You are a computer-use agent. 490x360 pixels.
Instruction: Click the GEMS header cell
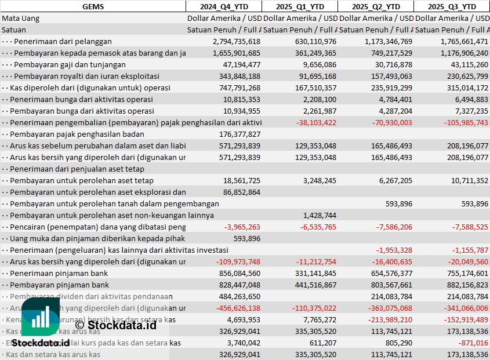pos(93,6)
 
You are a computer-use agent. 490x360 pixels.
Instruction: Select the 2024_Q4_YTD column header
pos(223,6)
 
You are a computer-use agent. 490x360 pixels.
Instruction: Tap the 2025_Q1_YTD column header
pos(299,6)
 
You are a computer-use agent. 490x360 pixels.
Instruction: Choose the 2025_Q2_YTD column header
pos(375,6)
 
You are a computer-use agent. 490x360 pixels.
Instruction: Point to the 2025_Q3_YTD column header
pos(451,6)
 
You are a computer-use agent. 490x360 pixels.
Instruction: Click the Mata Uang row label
pos(20,18)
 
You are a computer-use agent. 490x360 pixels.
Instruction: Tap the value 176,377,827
pos(239,134)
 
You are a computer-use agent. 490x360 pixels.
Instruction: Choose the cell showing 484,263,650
pos(239,296)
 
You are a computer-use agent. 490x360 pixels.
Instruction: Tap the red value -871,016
pos(473,343)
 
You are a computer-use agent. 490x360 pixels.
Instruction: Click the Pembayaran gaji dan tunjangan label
pos(86,64)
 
